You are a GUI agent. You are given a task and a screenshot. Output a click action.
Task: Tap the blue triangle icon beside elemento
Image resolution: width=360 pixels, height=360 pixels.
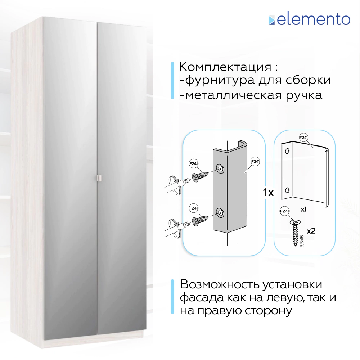[271, 21]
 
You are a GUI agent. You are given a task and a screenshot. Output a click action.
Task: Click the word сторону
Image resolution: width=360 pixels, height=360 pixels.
[268, 311]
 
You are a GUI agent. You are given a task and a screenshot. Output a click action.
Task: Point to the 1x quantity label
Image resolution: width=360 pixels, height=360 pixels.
[268, 193]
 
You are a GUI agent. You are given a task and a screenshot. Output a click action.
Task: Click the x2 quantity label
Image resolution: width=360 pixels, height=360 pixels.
[311, 231]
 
